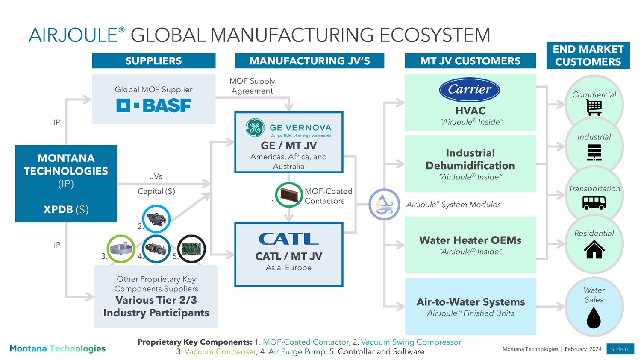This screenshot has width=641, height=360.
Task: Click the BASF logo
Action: pos(154,105)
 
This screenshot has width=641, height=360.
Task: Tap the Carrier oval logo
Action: pos(470,90)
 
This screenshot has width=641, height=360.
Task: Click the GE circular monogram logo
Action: pos(255,128)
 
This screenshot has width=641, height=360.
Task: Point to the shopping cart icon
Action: pos(594,107)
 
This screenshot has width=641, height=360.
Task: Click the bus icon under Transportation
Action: pos(594,203)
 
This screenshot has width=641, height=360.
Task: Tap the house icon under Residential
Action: pos(594,249)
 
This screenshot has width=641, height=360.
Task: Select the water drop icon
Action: pos(594,318)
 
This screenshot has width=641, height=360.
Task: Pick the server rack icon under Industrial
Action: pos(594,152)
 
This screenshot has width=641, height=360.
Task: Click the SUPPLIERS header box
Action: pos(154,61)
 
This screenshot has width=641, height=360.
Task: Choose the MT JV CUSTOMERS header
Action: pos(470,61)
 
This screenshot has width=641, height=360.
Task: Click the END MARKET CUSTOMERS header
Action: pos(588,56)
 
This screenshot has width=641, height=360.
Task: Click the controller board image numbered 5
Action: pos(191,249)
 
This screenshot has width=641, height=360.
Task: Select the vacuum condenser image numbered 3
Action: pos(121,249)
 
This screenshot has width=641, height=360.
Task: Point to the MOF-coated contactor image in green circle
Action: pos(289,195)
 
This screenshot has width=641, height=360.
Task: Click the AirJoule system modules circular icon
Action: pos(384,204)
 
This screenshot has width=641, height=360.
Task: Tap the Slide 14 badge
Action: pos(620,349)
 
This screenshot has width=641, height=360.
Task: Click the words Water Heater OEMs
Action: pos(470,240)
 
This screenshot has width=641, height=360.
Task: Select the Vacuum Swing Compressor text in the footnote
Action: pos(411,342)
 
